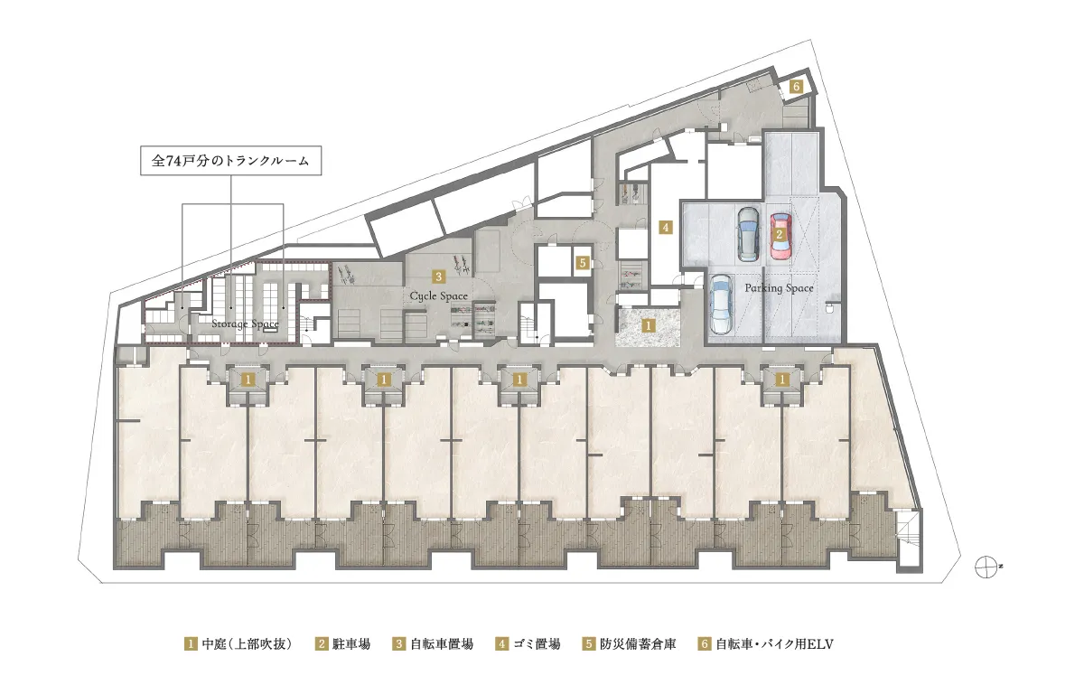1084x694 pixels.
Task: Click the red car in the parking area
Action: (x=779, y=234)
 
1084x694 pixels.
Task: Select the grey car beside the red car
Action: (x=748, y=233)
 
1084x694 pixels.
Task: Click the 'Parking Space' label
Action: (x=779, y=288)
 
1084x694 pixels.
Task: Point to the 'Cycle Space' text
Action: (x=439, y=295)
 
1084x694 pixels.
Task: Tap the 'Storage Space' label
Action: (x=245, y=323)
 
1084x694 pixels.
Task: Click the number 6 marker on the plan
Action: (x=796, y=87)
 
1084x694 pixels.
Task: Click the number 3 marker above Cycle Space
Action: (x=437, y=277)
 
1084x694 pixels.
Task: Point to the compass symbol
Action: (x=989, y=567)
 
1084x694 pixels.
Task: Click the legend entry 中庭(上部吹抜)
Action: (x=238, y=644)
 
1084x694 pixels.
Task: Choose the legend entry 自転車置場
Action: (x=432, y=644)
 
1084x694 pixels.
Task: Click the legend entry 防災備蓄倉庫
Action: (x=624, y=644)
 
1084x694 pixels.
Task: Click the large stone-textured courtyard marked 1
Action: (x=648, y=327)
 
